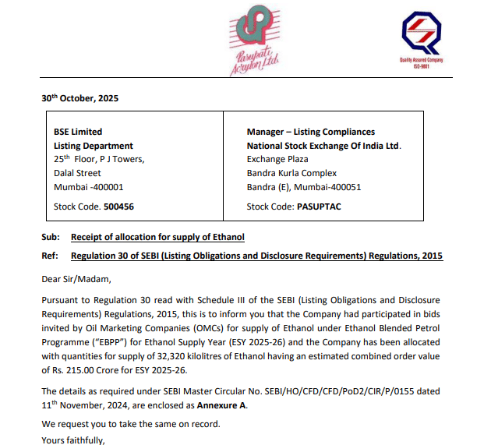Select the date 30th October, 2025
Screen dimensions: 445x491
tap(79, 99)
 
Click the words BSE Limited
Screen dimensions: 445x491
tap(77, 132)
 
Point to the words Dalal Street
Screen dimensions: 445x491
tap(77, 173)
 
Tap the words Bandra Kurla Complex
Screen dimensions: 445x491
tap(291, 173)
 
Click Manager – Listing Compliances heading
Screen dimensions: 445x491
tap(310, 132)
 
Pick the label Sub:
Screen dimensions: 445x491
tap(51, 236)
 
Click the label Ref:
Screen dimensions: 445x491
tap(50, 256)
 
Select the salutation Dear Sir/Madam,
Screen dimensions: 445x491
tap(76, 277)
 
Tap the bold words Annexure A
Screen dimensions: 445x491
tap(223, 407)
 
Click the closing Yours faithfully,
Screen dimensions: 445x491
tap(72, 440)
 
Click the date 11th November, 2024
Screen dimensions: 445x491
tap(88, 407)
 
